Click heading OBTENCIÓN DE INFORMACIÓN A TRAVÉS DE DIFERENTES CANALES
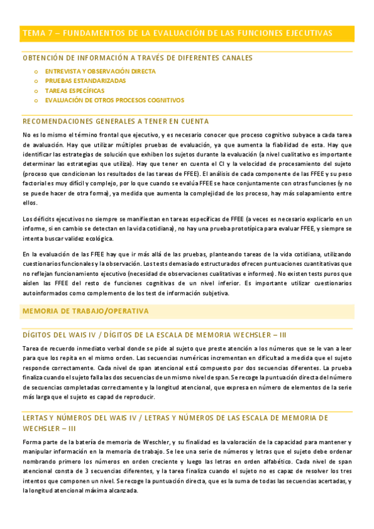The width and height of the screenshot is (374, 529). point(137,58)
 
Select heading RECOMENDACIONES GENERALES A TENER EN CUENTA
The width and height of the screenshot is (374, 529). point(116,122)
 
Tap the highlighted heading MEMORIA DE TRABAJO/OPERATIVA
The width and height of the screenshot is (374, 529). point(86,311)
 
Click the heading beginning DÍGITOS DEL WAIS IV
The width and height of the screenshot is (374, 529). point(154,334)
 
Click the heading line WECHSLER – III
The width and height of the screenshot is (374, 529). point(49,429)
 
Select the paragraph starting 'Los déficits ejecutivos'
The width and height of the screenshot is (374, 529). point(187,228)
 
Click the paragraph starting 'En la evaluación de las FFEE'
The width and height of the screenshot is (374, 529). point(187,274)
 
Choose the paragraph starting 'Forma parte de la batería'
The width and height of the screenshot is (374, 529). point(187,466)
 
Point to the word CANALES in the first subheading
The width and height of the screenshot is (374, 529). point(237,58)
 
